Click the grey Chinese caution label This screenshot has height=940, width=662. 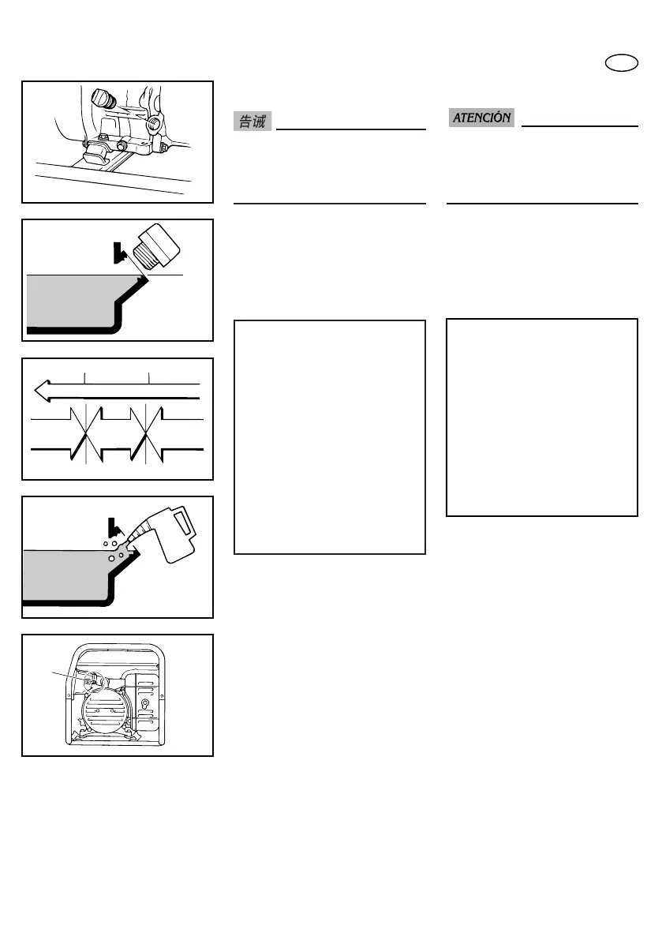coord(252,122)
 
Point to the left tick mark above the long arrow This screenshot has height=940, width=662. coord(86,375)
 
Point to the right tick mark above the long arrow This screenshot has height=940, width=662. coord(148,375)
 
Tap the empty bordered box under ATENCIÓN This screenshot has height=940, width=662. coord(541,417)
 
